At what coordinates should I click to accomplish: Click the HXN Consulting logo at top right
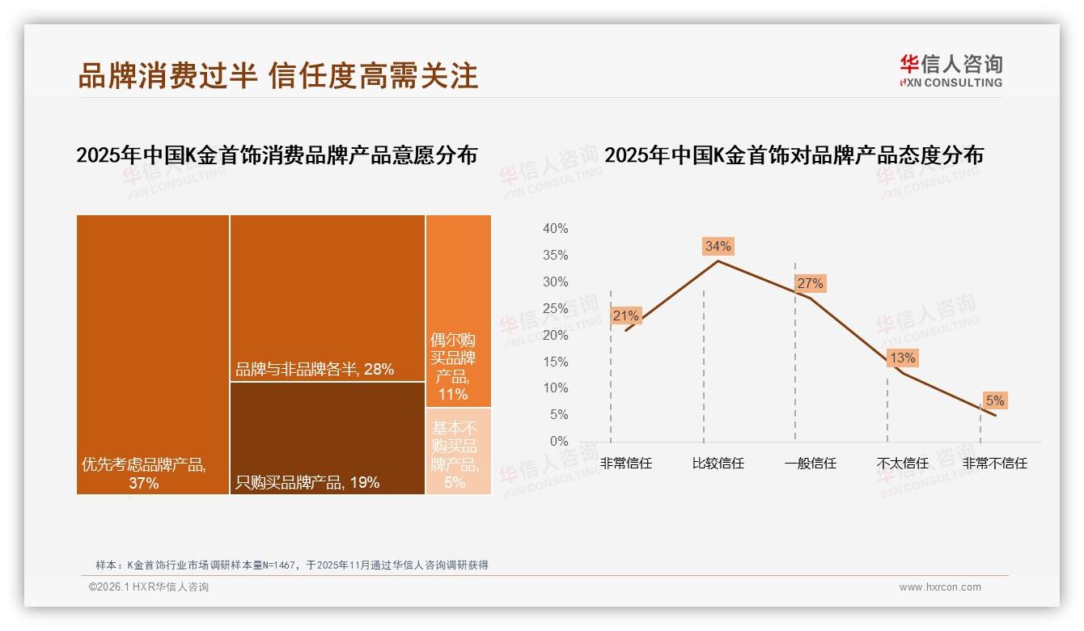tap(951, 71)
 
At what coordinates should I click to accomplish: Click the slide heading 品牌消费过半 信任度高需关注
tap(278, 75)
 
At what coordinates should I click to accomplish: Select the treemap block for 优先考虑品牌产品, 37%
tap(153, 354)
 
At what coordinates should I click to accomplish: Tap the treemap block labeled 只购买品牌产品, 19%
tap(327, 438)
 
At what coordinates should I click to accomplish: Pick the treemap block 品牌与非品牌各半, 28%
tap(327, 298)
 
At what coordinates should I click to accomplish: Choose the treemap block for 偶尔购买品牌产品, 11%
tap(458, 311)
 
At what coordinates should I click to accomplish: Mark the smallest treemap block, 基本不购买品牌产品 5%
tap(458, 451)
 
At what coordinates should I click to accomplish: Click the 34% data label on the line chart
tap(718, 246)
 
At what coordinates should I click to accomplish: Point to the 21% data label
tap(625, 315)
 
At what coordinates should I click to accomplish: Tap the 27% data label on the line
tap(810, 283)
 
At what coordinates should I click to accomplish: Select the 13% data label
tap(902, 358)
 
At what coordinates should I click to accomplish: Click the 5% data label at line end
tap(994, 400)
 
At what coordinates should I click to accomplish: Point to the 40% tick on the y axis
tap(555, 229)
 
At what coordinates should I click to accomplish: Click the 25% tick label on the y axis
tap(555, 308)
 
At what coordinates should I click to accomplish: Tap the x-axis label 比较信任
tap(718, 464)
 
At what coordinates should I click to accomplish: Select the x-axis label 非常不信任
tap(994, 464)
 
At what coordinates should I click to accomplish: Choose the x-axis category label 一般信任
tap(810, 464)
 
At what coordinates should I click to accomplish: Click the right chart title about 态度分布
tap(794, 155)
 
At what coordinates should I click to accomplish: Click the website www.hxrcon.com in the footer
tap(940, 587)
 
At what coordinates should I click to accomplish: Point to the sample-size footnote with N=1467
tap(291, 565)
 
